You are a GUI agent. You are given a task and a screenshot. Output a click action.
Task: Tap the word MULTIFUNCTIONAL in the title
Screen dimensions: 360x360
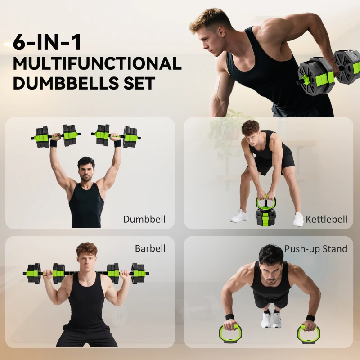[97, 63]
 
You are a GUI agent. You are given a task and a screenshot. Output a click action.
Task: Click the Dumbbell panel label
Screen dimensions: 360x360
[144, 220]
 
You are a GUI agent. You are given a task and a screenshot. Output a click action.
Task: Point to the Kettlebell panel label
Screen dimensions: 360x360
[327, 220]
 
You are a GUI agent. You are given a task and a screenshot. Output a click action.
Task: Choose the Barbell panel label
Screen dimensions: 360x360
[150, 248]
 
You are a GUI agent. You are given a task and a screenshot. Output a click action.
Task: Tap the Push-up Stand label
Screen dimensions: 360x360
[316, 249]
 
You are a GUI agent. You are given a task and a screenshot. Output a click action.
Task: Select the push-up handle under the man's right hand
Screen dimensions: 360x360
[230, 333]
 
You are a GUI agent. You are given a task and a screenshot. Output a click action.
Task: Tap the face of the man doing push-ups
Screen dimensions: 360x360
[270, 270]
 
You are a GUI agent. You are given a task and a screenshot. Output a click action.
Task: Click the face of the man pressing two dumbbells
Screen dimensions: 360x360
[85, 171]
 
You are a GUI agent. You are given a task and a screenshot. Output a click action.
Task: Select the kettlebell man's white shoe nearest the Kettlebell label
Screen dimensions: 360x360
[298, 219]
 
